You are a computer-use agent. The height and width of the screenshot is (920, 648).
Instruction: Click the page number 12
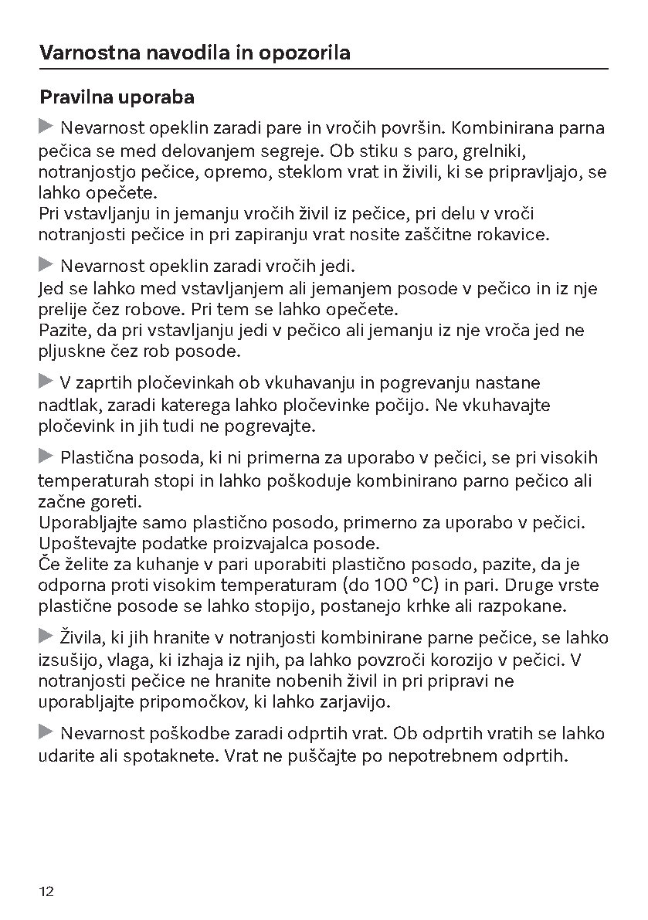(x=46, y=891)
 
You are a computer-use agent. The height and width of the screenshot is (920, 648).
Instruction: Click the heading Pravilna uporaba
(x=116, y=98)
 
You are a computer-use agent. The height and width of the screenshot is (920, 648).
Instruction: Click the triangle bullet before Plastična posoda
(x=47, y=456)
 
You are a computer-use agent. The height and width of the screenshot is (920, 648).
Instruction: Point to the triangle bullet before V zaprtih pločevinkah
(x=47, y=381)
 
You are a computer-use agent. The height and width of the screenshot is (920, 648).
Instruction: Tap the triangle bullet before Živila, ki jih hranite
(x=47, y=637)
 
